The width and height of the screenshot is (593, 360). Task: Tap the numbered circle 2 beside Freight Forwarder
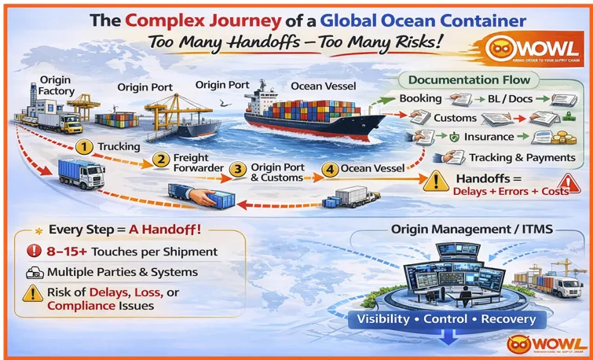[x=160, y=160]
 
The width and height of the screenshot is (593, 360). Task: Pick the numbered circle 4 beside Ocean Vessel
[x=330, y=167]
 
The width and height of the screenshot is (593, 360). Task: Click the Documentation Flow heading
[x=470, y=79]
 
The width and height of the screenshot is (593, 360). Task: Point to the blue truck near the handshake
[x=82, y=174]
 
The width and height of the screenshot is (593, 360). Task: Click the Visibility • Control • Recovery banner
[x=446, y=319]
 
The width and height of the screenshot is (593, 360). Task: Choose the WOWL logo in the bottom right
[x=547, y=343]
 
